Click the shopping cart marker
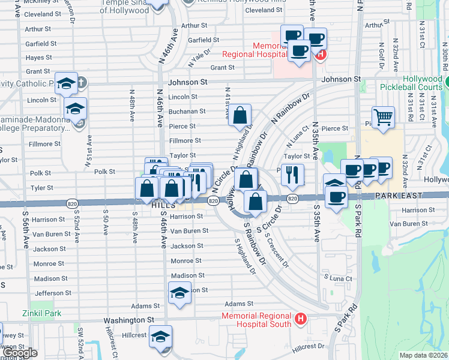[x=382, y=117]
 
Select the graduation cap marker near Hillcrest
[x=160, y=335]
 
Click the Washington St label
[x=129, y=320]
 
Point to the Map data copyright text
[x=423, y=355]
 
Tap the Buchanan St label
[x=187, y=111]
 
